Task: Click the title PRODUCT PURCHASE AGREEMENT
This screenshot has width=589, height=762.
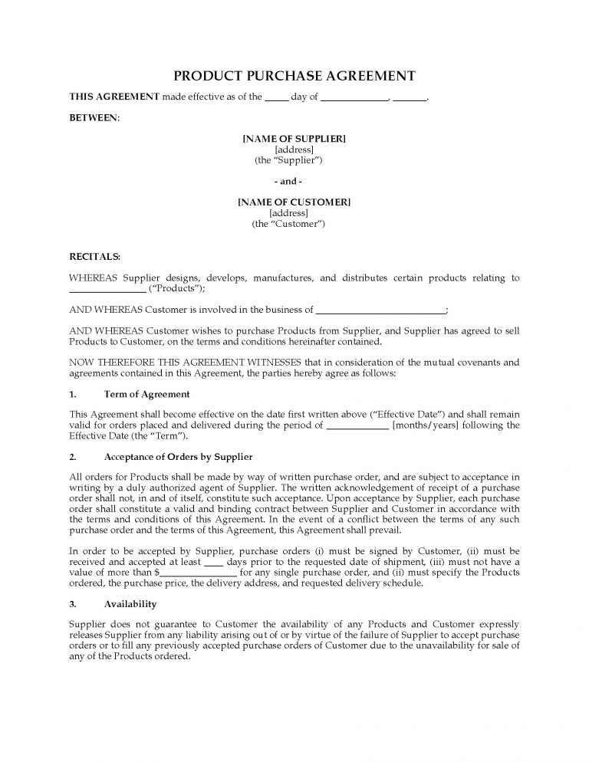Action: pos(294,76)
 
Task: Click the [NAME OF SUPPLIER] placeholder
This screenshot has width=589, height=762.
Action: pos(294,138)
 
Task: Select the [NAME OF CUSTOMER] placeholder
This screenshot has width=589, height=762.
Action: pos(294,202)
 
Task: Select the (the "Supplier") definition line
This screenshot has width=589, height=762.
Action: pos(288,160)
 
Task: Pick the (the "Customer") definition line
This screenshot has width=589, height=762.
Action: pos(289,224)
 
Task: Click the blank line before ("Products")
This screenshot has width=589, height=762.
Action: pos(107,289)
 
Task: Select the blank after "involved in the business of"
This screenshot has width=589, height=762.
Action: pos(380,310)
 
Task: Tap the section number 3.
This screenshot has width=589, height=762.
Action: pos(74,603)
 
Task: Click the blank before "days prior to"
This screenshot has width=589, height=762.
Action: pos(216,561)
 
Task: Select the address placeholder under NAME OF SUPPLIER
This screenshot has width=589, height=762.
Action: pos(294,149)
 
